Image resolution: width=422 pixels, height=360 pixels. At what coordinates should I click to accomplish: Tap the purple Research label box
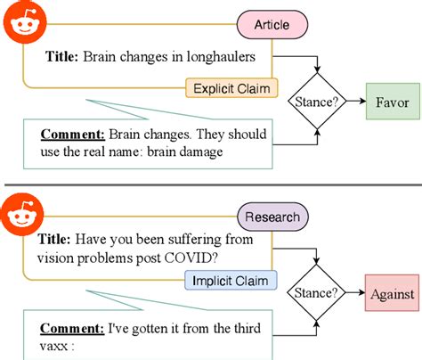point(272,216)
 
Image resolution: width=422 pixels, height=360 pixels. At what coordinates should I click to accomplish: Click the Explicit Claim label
point(231,88)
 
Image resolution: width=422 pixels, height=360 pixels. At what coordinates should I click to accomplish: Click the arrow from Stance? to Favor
point(354,102)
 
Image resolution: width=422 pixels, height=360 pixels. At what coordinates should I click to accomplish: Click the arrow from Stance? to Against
point(354,292)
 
